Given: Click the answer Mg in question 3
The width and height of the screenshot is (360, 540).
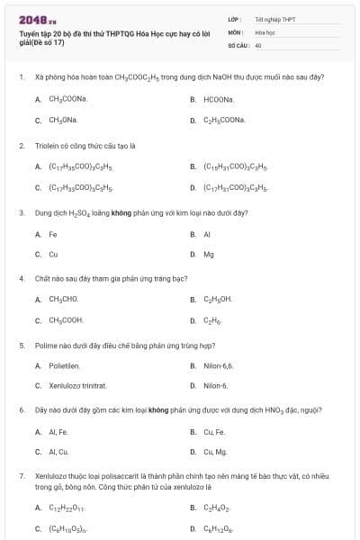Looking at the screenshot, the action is [209, 254].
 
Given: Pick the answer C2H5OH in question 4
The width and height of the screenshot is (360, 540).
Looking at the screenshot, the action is [218, 299].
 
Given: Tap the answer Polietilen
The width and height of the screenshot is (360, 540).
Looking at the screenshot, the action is [64, 366].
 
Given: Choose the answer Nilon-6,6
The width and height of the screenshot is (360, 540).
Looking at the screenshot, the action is [218, 366].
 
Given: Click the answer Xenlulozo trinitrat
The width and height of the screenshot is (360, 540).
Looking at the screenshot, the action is [77, 386].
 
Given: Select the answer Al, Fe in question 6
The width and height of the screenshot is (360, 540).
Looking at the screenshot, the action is [58, 432].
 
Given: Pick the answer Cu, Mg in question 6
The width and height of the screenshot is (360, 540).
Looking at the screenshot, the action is [215, 452].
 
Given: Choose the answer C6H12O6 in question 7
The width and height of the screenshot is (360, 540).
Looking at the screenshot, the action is [218, 529].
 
